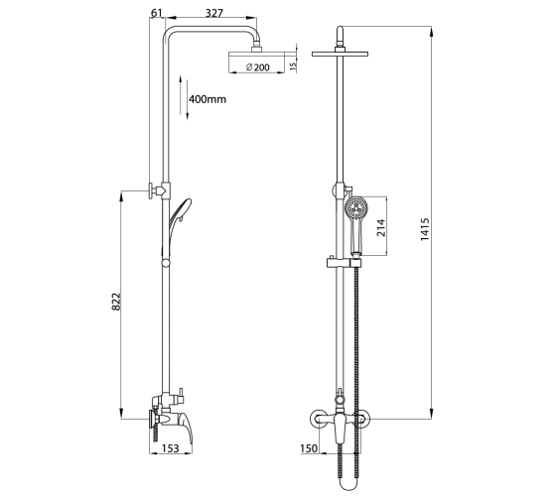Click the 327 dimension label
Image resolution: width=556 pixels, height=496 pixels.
(x=214, y=13)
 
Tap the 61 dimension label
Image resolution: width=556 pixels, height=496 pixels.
(x=157, y=13)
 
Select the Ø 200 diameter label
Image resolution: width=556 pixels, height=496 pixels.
(x=258, y=67)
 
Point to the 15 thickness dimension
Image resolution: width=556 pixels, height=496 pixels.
(x=293, y=65)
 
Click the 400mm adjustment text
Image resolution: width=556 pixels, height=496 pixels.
(x=208, y=99)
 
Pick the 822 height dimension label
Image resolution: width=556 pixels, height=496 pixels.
(x=116, y=302)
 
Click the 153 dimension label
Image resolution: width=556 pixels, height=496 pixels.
(x=171, y=448)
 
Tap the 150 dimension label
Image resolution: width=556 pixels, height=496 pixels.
(x=309, y=448)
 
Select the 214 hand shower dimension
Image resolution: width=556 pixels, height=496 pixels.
(x=381, y=227)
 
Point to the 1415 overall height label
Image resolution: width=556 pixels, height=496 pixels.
(x=425, y=229)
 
